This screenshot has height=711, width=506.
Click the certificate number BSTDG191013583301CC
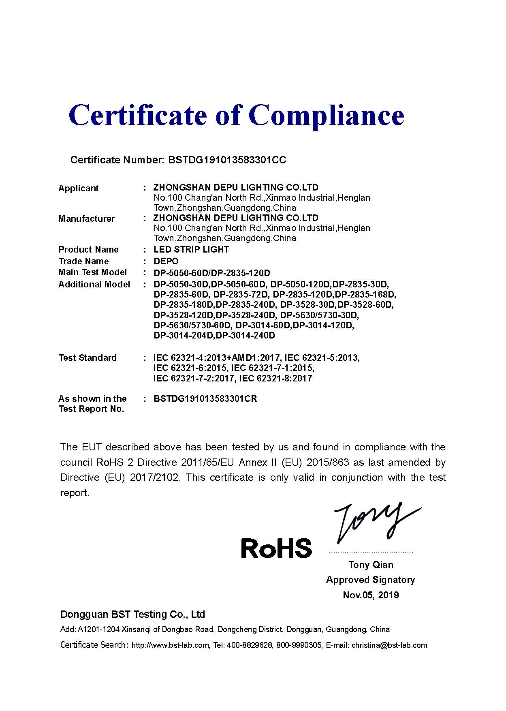(x=227, y=160)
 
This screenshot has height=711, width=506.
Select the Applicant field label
(x=78, y=188)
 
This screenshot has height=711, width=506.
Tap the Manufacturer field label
(x=86, y=219)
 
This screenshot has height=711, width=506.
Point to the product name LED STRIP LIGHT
(x=191, y=250)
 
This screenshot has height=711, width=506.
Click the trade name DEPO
(x=166, y=261)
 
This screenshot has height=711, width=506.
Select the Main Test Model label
(x=92, y=272)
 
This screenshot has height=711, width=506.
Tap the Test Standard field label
(x=88, y=358)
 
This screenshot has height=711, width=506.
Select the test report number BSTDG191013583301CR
(x=205, y=399)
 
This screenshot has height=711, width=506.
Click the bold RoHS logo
(x=276, y=548)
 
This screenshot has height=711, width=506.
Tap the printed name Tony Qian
(x=371, y=565)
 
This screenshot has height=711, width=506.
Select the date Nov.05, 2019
(x=371, y=595)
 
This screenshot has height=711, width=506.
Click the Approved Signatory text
(x=370, y=580)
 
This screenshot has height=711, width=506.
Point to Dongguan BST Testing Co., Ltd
(x=132, y=615)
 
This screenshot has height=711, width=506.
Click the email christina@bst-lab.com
(x=389, y=645)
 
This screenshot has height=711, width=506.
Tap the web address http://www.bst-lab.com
(x=171, y=645)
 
